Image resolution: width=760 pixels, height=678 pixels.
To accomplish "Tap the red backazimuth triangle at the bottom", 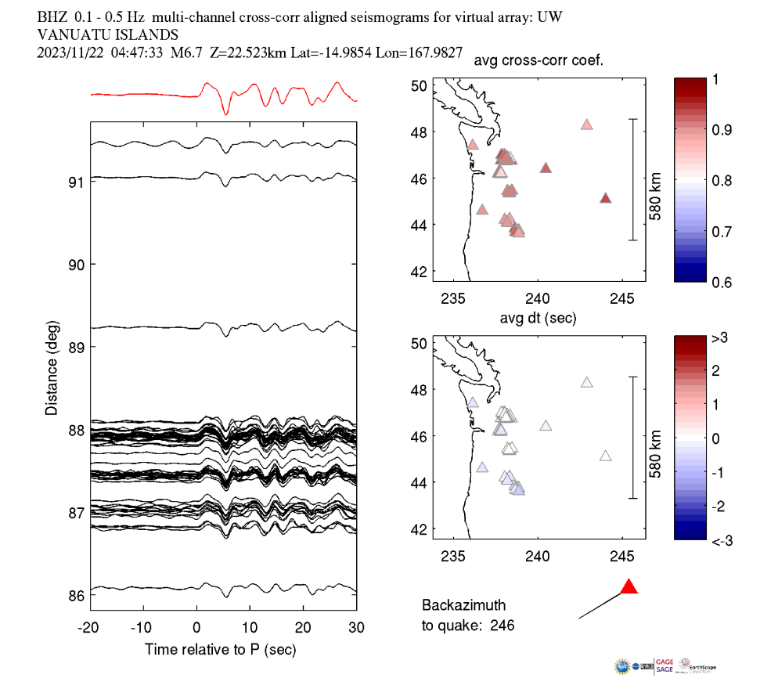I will pos(629,587).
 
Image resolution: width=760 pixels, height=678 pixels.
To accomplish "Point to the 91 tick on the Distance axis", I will pos(75,182).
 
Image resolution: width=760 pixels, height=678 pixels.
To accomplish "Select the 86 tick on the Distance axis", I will pos(75,596).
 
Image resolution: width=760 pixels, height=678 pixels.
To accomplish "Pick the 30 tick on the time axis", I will pos(356,628).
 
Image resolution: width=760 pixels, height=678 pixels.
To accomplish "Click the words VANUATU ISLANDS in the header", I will pos(108,34).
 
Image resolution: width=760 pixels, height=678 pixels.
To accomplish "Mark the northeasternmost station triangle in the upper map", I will pos(587,124).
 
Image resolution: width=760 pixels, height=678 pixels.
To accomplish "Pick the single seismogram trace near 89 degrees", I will pos(223,326).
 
